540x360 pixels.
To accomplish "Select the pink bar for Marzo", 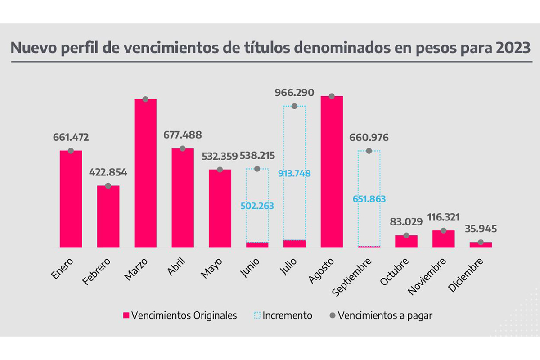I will click(145, 173).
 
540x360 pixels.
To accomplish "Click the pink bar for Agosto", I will click(332, 171).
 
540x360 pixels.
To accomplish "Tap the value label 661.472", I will click(71, 137).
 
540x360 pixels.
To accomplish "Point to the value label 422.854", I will click(108, 172).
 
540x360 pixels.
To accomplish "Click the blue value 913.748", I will click(294, 174).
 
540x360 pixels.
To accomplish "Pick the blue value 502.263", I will click(257, 206).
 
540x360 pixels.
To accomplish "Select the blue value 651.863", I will click(369, 198).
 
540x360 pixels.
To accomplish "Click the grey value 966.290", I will click(294, 93).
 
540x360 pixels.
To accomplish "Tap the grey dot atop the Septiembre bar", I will click(369, 151).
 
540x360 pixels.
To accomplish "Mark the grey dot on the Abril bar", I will click(183, 148).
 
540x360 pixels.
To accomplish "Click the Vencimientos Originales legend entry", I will click(180, 315).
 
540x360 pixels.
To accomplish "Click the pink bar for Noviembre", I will click(444, 239).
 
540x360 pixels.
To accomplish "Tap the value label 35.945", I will click(481, 229).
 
